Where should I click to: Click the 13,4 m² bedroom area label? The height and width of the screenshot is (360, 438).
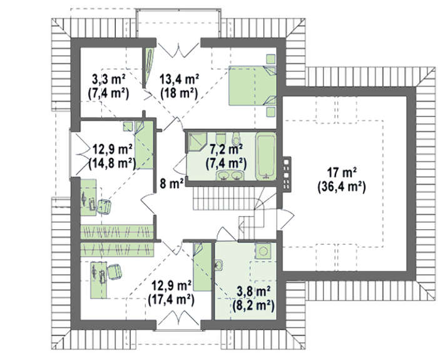point(179,80)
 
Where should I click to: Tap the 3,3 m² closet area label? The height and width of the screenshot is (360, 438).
point(108,80)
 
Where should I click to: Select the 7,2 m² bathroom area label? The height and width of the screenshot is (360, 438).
point(227,150)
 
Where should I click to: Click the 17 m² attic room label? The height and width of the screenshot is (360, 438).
point(342,172)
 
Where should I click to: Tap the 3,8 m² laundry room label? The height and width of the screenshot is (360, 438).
point(253,291)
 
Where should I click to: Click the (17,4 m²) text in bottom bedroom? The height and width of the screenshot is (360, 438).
point(171,300)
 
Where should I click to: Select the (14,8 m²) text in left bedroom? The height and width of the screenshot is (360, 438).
point(112,163)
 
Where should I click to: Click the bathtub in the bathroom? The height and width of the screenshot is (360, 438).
point(266,157)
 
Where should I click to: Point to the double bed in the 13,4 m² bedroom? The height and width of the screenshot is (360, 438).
point(252,86)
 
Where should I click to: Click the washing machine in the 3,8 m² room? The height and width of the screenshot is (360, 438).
point(263,250)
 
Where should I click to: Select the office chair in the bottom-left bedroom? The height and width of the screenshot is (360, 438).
point(114,272)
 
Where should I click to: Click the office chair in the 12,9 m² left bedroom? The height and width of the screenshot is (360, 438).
point(104,207)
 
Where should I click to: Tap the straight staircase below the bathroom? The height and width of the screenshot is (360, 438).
point(223,198)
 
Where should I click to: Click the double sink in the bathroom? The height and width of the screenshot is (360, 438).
point(230,175)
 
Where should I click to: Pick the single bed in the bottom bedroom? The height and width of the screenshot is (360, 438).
point(202,267)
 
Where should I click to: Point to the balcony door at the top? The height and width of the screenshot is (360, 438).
point(178,49)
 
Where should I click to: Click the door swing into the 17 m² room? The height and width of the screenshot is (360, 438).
point(286,219)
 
